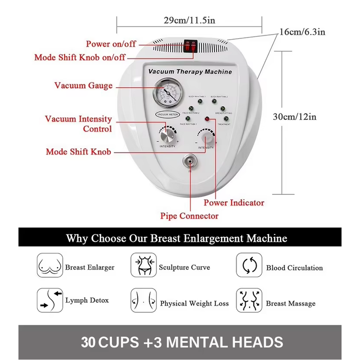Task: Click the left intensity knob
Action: pyautogui.click(x=167, y=135)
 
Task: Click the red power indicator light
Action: pyautogui.click(x=207, y=119)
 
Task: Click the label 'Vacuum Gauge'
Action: pyautogui.click(x=84, y=85)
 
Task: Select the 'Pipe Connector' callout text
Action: pyautogui.click(x=189, y=216)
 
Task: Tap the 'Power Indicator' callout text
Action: pyautogui.click(x=234, y=203)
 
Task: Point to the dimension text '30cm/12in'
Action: pyautogui.click(x=295, y=117)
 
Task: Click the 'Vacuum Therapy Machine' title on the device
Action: pyautogui.click(x=190, y=72)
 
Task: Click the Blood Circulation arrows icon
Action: pyautogui.click(x=249, y=267)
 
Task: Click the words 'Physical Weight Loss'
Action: pyautogui.click(x=194, y=304)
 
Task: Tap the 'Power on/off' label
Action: pyautogui.click(x=111, y=44)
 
